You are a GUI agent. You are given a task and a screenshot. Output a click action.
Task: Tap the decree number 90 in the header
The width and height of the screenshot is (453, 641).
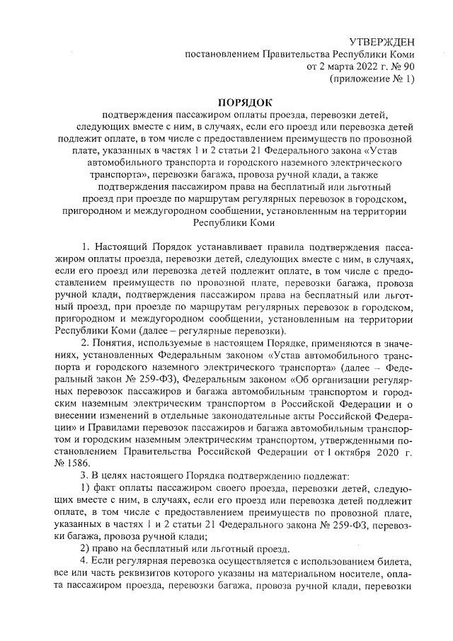tap(408, 67)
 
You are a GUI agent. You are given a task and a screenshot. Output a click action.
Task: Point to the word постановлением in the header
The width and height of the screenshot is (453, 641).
tap(220, 55)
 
